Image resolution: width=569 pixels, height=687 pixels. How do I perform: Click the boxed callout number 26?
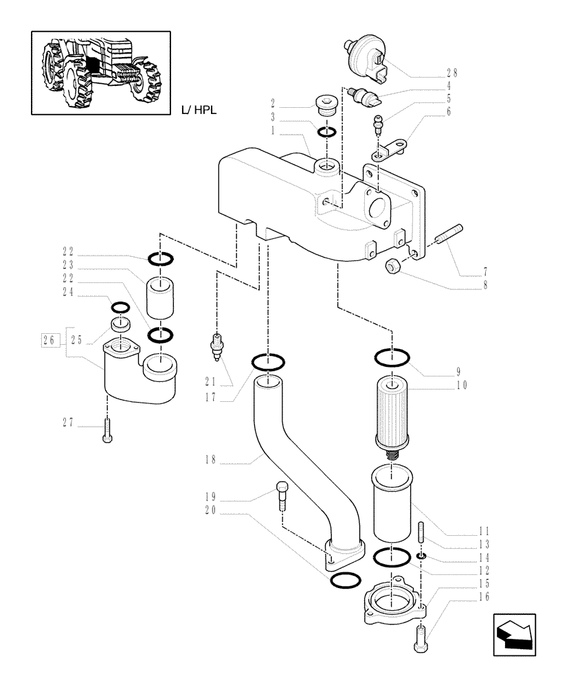(48, 339)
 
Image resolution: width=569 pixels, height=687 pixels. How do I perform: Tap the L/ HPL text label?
(199, 109)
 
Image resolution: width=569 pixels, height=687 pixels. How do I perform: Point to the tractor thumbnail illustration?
(100, 72)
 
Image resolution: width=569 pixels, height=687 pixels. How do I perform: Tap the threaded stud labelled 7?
(449, 234)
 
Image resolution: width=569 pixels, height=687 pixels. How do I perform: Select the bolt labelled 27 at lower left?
(107, 431)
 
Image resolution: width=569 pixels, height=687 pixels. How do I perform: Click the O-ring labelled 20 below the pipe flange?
(344, 581)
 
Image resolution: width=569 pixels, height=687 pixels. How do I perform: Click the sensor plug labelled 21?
(219, 346)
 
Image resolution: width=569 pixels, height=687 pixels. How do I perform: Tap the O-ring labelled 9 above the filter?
(392, 358)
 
